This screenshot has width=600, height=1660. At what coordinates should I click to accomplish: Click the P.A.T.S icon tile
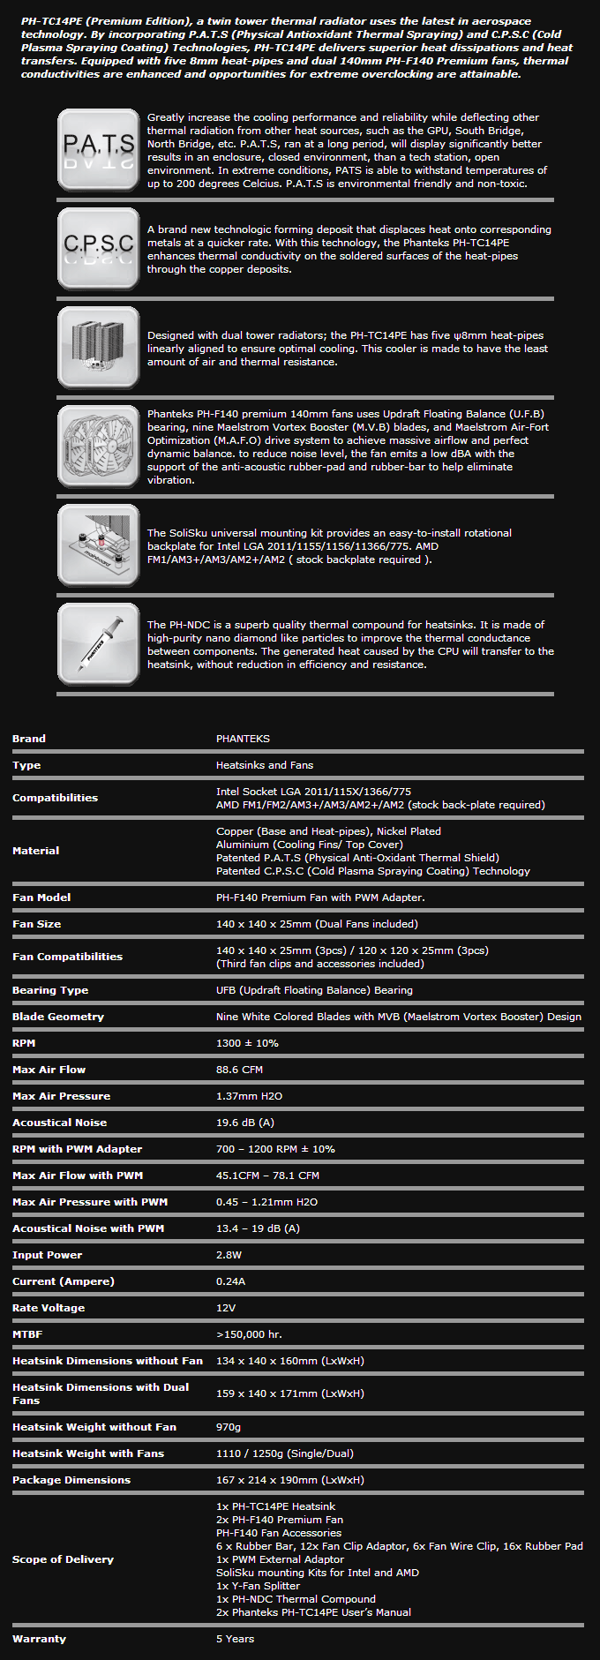point(98,150)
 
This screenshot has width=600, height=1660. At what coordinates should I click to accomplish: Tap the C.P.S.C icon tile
point(98,249)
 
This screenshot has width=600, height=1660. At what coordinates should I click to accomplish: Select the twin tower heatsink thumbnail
point(98,348)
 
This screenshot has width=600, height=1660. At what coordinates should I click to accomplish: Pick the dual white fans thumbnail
point(98,447)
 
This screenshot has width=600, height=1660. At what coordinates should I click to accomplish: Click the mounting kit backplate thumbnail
point(98,545)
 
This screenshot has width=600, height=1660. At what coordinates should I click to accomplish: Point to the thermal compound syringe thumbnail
point(98,644)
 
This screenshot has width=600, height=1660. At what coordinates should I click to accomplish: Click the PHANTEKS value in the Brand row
point(243,739)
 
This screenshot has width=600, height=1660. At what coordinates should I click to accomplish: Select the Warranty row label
point(39,1639)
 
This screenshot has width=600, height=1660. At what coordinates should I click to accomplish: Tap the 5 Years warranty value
point(235,1639)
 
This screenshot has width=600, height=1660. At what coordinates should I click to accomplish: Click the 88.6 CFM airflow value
point(239,1070)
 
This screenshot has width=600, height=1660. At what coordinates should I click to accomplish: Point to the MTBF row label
point(27,1334)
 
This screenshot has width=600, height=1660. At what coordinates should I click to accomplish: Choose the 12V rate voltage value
point(226,1308)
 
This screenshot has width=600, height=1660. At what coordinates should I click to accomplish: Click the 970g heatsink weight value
point(229,1427)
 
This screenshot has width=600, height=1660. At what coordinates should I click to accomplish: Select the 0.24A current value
point(230,1281)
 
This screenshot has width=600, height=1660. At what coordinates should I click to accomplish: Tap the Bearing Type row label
point(50,990)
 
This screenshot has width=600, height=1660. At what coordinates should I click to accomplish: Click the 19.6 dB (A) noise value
point(245,1123)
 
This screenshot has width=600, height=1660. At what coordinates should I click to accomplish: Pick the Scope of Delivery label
point(63,1559)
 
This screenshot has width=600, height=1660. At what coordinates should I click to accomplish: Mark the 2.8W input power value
point(229,1255)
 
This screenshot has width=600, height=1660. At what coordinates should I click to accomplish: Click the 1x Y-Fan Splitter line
point(259,1586)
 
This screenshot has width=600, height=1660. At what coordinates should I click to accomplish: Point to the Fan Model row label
point(41,898)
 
